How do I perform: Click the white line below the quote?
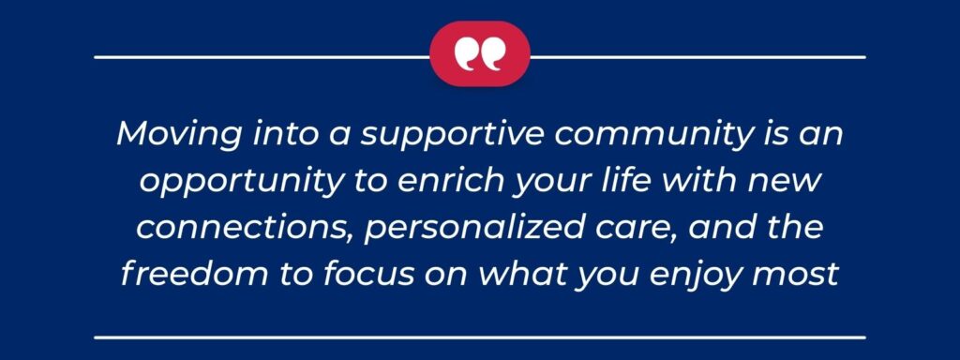(x=479, y=335)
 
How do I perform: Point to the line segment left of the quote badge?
(x=262, y=57)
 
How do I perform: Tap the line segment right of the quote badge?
(x=697, y=57)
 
